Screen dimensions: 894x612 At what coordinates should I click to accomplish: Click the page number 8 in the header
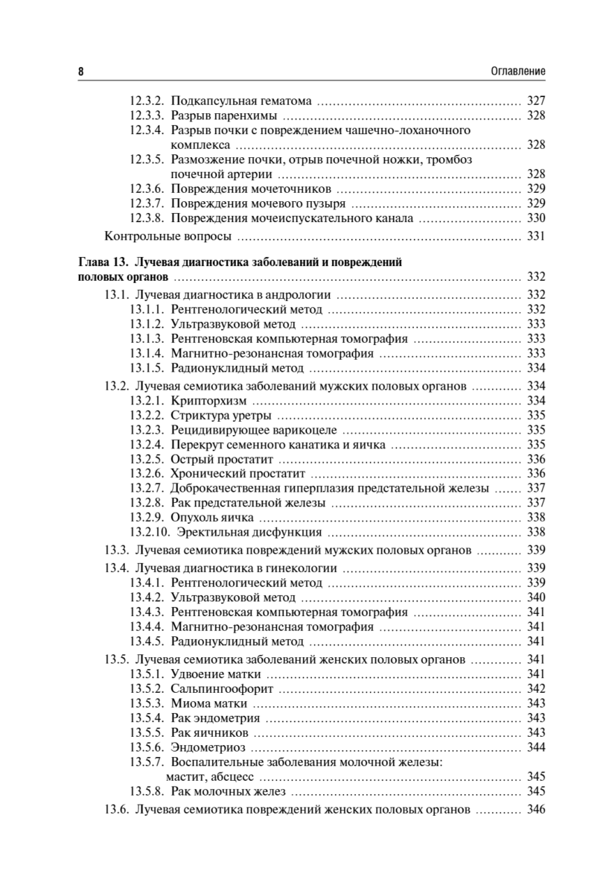80,71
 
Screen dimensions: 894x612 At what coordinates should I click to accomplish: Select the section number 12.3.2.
146,101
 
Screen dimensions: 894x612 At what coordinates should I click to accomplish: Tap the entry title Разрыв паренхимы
224,115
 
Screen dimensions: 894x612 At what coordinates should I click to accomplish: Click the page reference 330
536,218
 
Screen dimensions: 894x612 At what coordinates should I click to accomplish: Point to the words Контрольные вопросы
168,238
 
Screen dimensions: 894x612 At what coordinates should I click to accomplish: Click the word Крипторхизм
208,400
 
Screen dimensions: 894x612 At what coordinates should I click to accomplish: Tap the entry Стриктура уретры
221,415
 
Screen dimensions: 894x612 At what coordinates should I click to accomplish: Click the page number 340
536,597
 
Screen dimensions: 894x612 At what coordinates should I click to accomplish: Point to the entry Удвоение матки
216,673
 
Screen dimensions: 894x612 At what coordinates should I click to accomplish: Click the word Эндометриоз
208,746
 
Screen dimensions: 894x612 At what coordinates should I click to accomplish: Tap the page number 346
536,810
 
